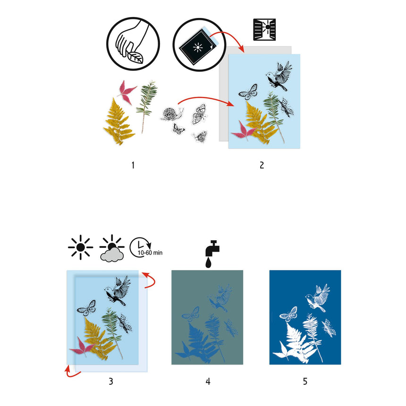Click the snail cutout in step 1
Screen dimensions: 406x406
pos(169,114)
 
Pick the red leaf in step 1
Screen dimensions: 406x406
pos(127,90)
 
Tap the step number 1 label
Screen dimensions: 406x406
pos(133,165)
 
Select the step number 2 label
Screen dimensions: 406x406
pos(262,165)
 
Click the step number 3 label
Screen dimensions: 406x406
pos(110,381)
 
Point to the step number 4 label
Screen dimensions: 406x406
pos(208,381)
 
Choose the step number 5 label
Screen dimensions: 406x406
pos(305,381)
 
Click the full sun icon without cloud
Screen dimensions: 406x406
pos(81,247)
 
